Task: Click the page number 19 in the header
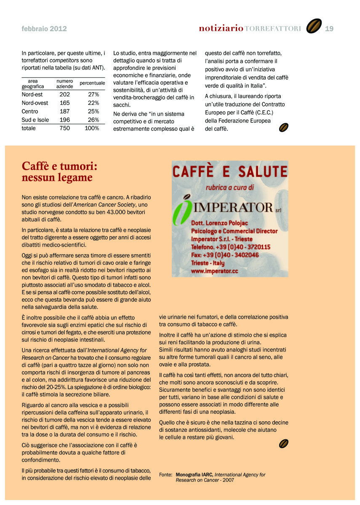point(329,29)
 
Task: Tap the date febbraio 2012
point(44,29)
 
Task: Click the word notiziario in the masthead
point(221,28)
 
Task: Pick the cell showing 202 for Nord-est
point(65,95)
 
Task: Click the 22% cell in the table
point(93,103)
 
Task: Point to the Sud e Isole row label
point(35,120)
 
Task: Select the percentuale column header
point(92,83)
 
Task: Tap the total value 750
point(65,128)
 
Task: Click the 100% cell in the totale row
point(92,128)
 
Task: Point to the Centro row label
point(30,112)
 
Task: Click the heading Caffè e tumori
point(59,167)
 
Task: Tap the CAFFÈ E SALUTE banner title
point(230,172)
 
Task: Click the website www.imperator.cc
point(214,271)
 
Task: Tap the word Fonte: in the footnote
point(166,475)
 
